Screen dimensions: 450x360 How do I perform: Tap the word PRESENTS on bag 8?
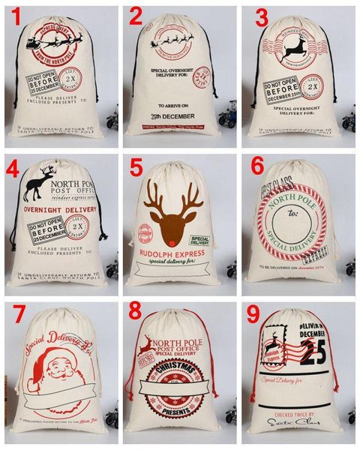coord(181,412)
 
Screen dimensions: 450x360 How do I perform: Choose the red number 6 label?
coord(257,166)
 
